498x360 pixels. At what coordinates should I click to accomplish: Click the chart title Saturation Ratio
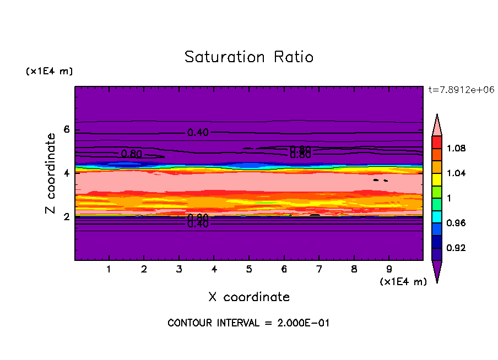(x=248, y=57)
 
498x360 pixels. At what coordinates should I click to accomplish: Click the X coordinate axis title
(x=248, y=297)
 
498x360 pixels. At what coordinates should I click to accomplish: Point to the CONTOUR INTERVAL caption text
(x=248, y=323)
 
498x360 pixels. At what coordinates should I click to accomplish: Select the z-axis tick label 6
(x=66, y=130)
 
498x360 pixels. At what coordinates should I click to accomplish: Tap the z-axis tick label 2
(x=66, y=217)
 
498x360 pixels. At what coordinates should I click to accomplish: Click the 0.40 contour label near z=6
(x=198, y=133)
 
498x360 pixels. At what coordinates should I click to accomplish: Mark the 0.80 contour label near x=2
(x=132, y=154)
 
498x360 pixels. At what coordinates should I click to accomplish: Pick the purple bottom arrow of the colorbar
(x=437, y=271)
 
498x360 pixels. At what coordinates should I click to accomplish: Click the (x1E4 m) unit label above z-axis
(x=49, y=72)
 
